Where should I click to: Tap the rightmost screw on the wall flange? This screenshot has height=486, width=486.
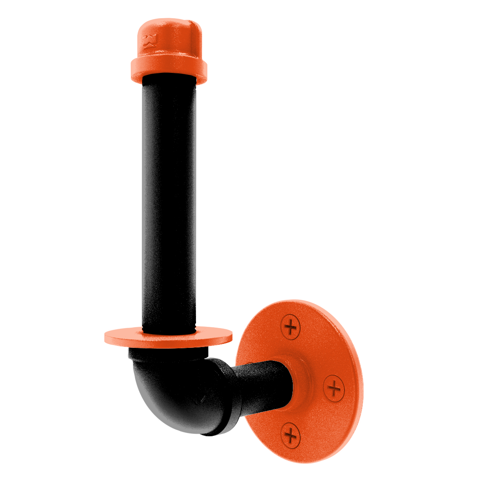point(334,388)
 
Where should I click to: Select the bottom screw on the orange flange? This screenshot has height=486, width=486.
point(290,435)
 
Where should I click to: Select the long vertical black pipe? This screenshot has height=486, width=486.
point(169,202)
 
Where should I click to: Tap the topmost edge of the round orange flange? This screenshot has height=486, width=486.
point(283,301)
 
